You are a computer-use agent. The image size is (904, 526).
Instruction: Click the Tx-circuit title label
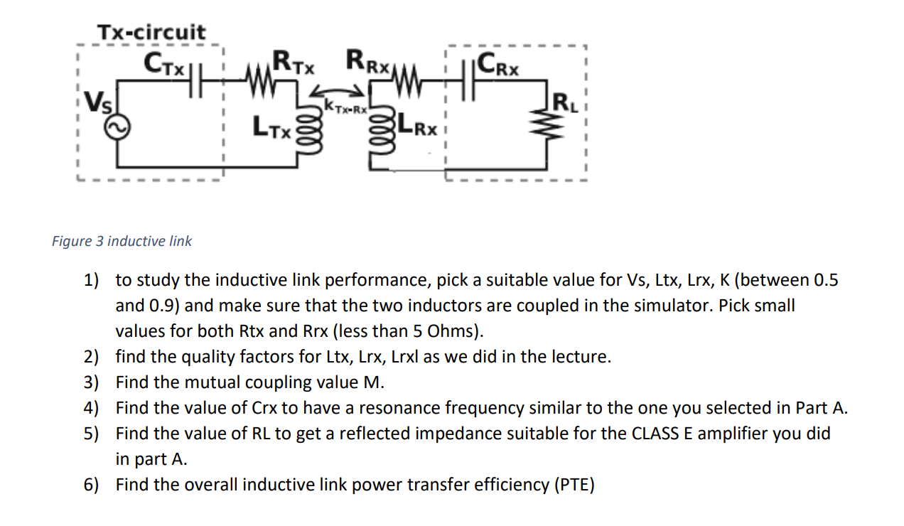point(151,32)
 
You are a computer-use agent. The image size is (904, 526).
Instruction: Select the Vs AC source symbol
point(117,127)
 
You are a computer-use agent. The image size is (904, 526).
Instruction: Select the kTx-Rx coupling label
point(345,107)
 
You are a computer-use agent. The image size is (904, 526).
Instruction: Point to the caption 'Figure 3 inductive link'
point(122,241)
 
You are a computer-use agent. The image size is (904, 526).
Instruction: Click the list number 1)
point(92,280)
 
